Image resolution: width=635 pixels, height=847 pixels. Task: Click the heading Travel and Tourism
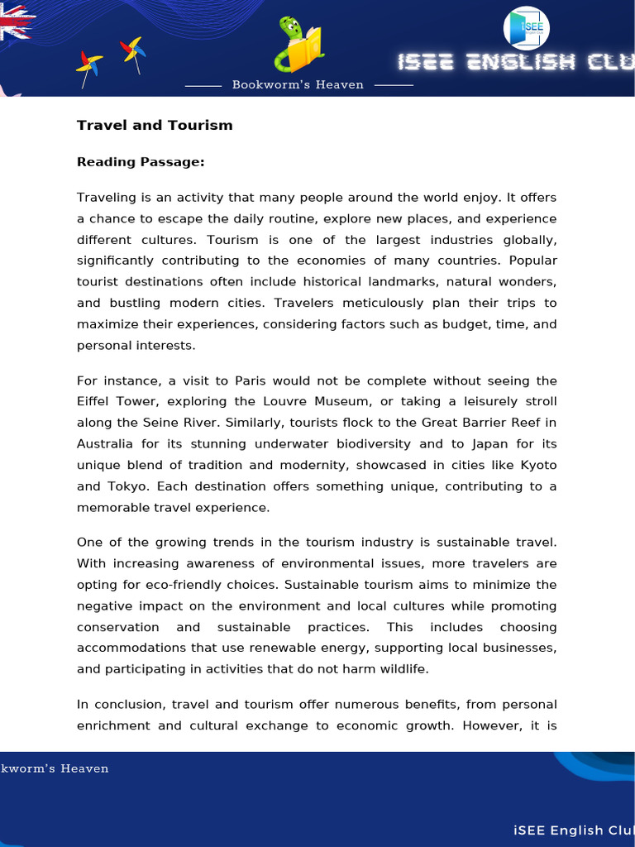click(155, 126)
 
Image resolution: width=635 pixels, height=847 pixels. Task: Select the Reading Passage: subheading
click(141, 162)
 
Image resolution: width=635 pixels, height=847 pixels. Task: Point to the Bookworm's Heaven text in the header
click(298, 85)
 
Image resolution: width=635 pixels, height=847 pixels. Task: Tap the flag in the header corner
click(15, 23)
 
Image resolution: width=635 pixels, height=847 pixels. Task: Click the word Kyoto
click(538, 465)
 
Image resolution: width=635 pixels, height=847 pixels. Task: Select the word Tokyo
click(128, 486)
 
